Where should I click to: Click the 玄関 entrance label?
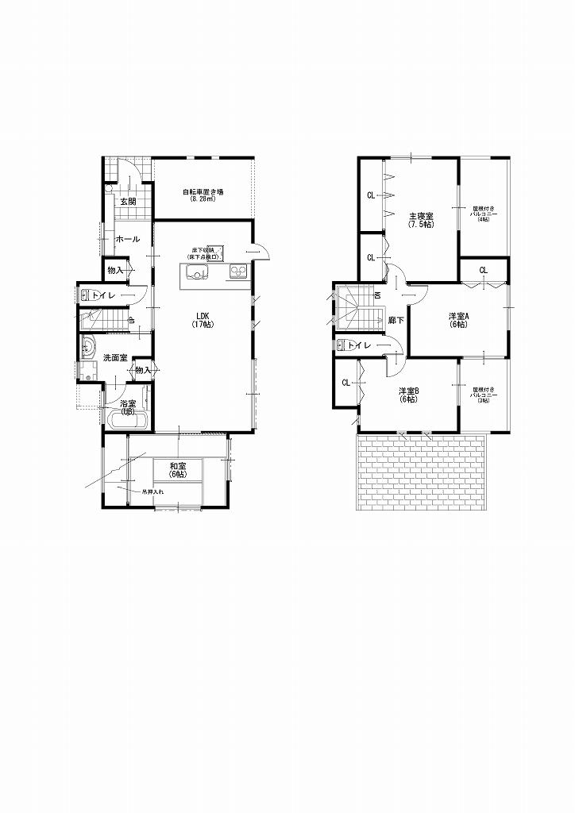pyautogui.click(x=128, y=202)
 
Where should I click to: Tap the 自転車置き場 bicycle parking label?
pyautogui.click(x=203, y=195)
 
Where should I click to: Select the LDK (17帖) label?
pyautogui.click(x=203, y=320)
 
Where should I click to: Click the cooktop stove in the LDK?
pyautogui.click(x=239, y=272)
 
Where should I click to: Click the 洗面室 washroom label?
pyautogui.click(x=116, y=358)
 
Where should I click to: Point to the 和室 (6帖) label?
pyautogui.click(x=178, y=470)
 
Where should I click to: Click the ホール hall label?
pyautogui.click(x=128, y=239)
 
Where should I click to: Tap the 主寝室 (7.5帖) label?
pyautogui.click(x=421, y=220)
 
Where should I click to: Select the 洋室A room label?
pyautogui.click(x=457, y=319)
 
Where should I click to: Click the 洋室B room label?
pyautogui.click(x=409, y=395)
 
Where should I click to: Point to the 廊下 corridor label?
pyautogui.click(x=396, y=320)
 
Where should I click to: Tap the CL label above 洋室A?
pyautogui.click(x=484, y=271)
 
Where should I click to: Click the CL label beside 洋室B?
pyautogui.click(x=346, y=383)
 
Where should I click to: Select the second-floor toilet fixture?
pyautogui.click(x=343, y=345)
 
